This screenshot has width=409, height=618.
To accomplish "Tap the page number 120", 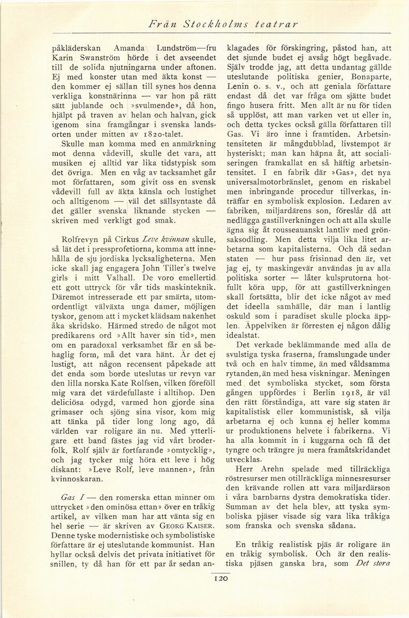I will (221, 578).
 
